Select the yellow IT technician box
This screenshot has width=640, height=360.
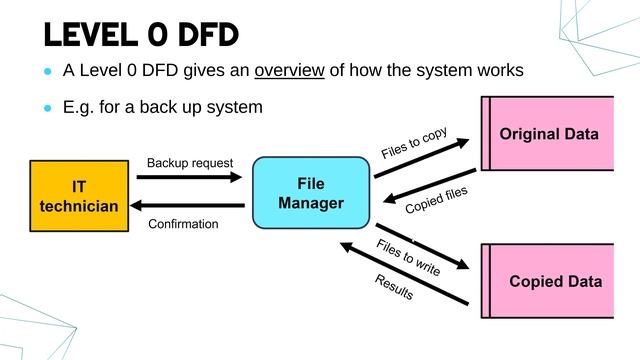[79, 196]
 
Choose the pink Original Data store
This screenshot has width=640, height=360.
[548, 134]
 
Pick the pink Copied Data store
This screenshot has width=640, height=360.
[552, 281]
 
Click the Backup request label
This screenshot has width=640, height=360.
[190, 162]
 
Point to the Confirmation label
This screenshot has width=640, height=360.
[183, 224]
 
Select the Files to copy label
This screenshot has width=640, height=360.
[413, 142]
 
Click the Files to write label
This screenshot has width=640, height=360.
[408, 257]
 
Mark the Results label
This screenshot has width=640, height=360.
[394, 288]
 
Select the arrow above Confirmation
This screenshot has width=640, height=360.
[190, 206]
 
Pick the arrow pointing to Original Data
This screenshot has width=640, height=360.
[423, 158]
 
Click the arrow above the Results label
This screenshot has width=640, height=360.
[405, 272]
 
